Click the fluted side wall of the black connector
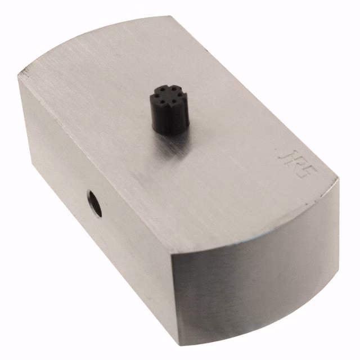coord(168,120)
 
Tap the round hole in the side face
coord(94,204)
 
